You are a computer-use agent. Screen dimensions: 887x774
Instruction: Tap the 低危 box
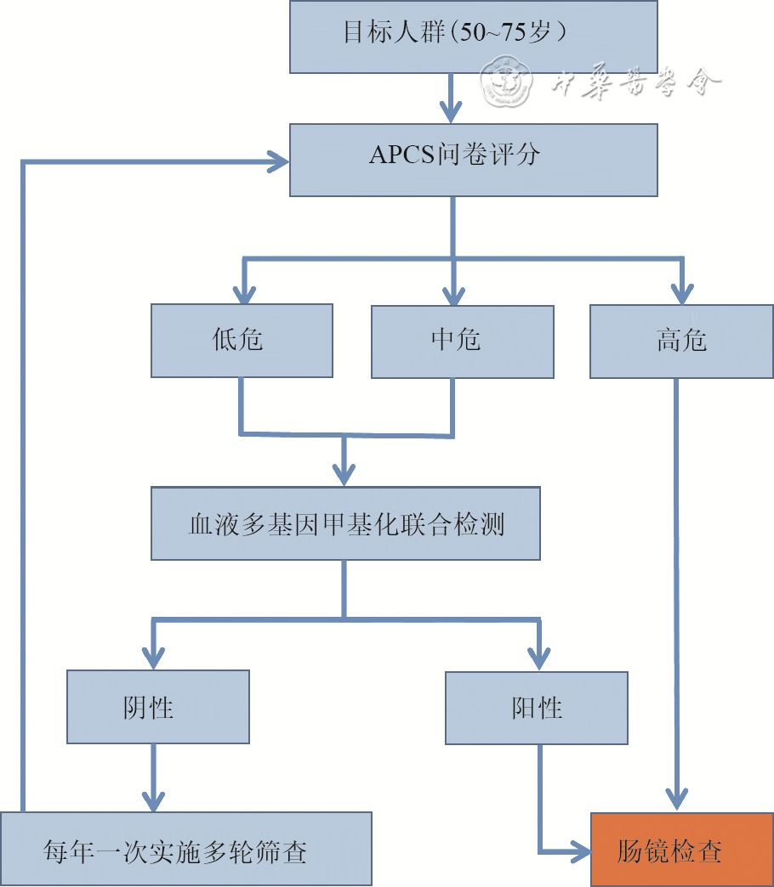pyautogui.click(x=242, y=341)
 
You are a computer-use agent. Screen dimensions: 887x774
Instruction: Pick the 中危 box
pyautogui.click(x=462, y=341)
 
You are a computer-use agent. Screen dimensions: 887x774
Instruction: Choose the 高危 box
pyautogui.click(x=681, y=341)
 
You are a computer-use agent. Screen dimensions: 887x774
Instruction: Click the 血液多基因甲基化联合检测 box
pyautogui.click(x=345, y=523)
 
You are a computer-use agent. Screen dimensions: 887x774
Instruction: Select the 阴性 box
pyautogui.click(x=158, y=707)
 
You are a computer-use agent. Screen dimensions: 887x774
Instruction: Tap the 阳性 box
pyautogui.click(x=537, y=707)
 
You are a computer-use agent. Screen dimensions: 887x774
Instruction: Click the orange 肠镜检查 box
pyautogui.click(x=681, y=850)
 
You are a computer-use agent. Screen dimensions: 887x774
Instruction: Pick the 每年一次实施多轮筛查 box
pyautogui.click(x=185, y=850)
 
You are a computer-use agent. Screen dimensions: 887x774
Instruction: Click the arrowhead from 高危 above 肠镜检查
pyautogui.click(x=677, y=799)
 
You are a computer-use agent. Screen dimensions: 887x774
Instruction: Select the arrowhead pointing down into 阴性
pyautogui.click(x=153, y=658)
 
